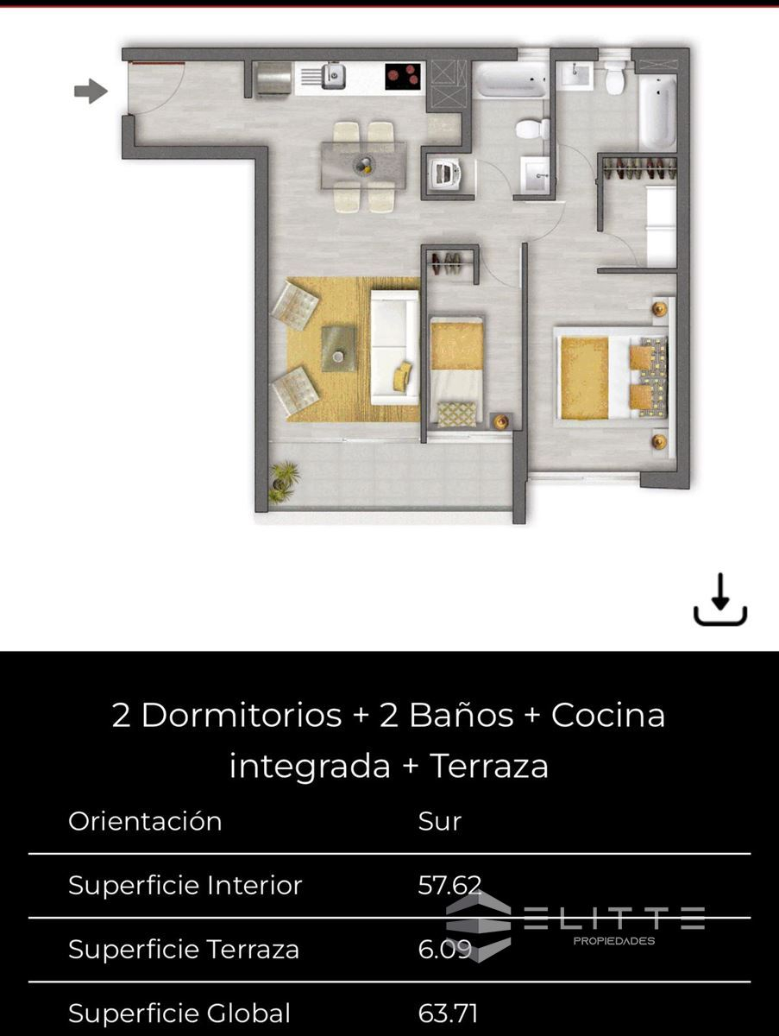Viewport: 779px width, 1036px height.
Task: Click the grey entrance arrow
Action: [x=91, y=91]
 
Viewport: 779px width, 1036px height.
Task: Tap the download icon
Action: [x=720, y=599]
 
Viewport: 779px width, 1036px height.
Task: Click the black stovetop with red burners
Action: [x=403, y=77]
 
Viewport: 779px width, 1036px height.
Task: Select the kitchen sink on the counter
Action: [x=333, y=75]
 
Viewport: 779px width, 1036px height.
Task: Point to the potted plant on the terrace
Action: [x=284, y=481]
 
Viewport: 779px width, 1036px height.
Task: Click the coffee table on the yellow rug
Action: [x=338, y=348]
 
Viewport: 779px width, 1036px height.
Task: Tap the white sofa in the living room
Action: [x=395, y=347]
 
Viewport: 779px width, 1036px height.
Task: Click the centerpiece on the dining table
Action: [x=363, y=165]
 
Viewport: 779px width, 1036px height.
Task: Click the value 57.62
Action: [x=449, y=885]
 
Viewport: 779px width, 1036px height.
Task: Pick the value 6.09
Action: [x=444, y=949]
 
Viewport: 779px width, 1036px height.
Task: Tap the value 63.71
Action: [x=448, y=1013]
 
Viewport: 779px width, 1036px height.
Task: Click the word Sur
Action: [x=439, y=821]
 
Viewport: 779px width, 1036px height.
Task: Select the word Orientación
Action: [x=145, y=821]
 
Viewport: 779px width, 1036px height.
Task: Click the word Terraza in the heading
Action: [x=489, y=765]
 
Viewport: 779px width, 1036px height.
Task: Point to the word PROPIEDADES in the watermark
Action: [x=614, y=941]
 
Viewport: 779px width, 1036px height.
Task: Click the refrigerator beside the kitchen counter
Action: [x=273, y=79]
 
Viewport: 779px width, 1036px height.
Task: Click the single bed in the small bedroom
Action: [x=457, y=372]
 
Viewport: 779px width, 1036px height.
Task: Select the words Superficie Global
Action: [x=179, y=1013]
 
